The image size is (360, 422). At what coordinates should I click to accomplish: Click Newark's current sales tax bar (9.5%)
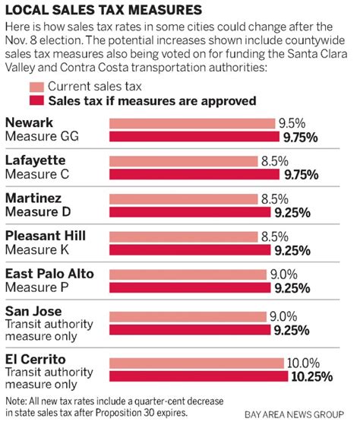[193, 123]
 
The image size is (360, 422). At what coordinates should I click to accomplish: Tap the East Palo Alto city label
[49, 273]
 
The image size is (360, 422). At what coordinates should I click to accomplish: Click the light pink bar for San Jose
[187, 316]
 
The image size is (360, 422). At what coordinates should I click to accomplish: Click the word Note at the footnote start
[16, 400]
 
